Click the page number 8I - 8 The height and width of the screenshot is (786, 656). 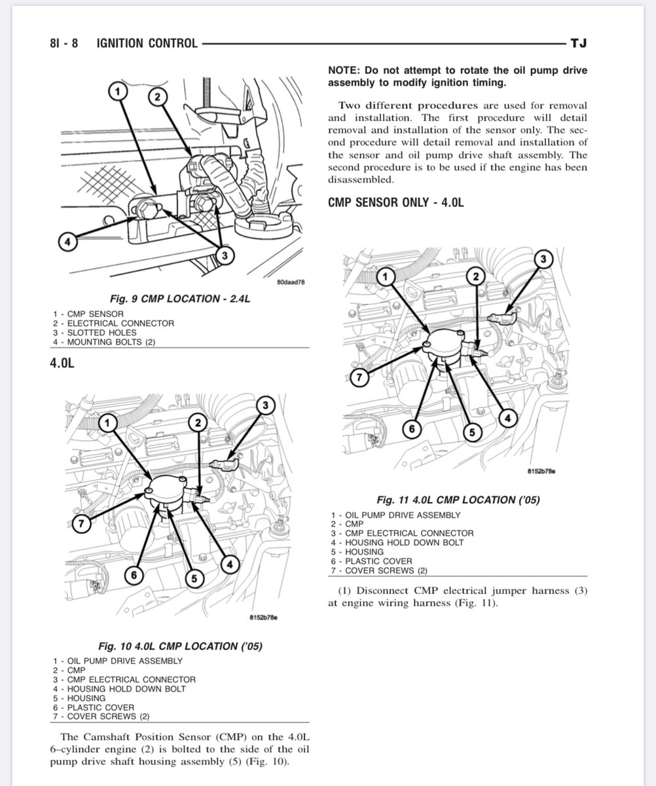point(64,43)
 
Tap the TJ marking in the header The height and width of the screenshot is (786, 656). point(578,43)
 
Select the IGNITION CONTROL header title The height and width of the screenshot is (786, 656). point(147,43)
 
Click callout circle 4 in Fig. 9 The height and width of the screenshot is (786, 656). point(64,242)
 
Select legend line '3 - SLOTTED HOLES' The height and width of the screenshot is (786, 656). point(96,333)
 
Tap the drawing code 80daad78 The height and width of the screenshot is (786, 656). point(292,282)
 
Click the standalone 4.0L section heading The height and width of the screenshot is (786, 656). point(62,362)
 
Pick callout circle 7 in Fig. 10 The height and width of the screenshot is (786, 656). point(80,524)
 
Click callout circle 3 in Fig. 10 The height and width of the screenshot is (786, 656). point(264,405)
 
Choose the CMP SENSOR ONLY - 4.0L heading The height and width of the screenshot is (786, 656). point(395,202)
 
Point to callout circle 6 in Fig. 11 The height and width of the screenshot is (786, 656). point(412,430)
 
